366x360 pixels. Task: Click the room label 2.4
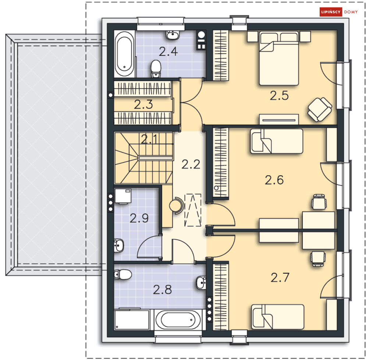168,51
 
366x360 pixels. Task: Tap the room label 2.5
279,96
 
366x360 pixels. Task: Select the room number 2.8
162,290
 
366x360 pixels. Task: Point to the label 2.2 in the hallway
191,164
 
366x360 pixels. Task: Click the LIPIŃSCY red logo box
331,12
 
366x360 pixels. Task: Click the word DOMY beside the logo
351,12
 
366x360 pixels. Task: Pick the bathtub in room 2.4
125,54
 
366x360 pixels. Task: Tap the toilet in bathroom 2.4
156,69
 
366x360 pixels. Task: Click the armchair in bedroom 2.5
319,109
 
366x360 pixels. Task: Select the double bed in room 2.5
279,58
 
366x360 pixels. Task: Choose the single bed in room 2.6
277,141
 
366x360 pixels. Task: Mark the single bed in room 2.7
277,317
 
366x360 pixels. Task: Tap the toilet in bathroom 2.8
123,274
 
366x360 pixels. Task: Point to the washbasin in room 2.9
118,245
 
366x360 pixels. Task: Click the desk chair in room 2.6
319,202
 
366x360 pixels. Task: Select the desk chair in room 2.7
318,259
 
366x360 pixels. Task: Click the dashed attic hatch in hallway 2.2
193,210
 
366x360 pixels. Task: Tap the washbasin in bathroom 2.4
173,35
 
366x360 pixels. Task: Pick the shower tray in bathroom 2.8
132,320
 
